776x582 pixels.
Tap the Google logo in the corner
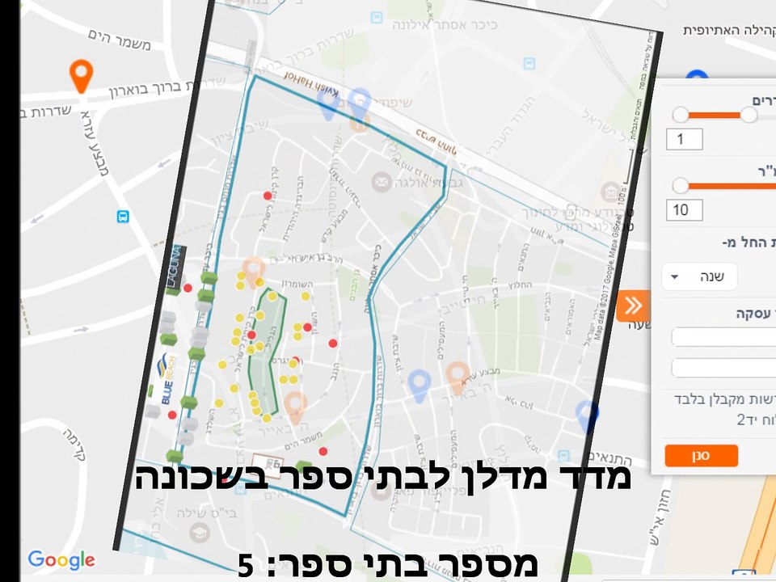[61, 559]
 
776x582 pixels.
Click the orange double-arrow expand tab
[633, 305]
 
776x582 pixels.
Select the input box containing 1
[684, 140]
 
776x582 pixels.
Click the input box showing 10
[684, 210]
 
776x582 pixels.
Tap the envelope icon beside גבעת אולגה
[380, 182]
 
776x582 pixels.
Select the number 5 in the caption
[246, 565]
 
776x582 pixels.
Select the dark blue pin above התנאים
[588, 417]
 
